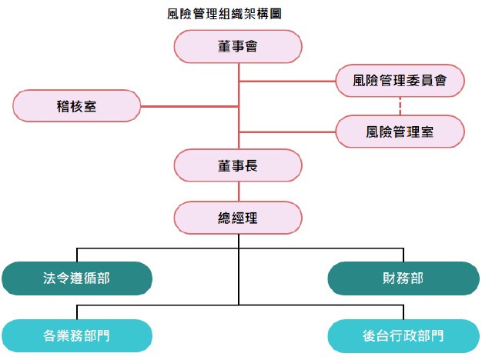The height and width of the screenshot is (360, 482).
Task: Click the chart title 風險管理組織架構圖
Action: click(x=229, y=14)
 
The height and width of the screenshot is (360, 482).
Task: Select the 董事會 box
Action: click(x=237, y=47)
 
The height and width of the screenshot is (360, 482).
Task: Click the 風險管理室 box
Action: click(x=400, y=132)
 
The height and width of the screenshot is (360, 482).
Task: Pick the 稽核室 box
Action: click(x=77, y=105)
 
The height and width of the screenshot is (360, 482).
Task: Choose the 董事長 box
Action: click(x=237, y=165)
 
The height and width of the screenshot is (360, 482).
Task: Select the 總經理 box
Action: click(x=237, y=218)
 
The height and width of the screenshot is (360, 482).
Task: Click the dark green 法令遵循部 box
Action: click(x=77, y=278)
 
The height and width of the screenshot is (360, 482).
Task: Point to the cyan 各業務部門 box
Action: click(x=77, y=336)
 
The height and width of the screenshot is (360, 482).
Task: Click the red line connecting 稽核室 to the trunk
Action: click(x=189, y=105)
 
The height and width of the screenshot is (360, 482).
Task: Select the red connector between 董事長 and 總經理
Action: click(x=238, y=192)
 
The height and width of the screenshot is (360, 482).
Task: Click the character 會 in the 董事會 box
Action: click(x=250, y=47)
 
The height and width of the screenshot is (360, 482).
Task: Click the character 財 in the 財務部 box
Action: click(x=388, y=278)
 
